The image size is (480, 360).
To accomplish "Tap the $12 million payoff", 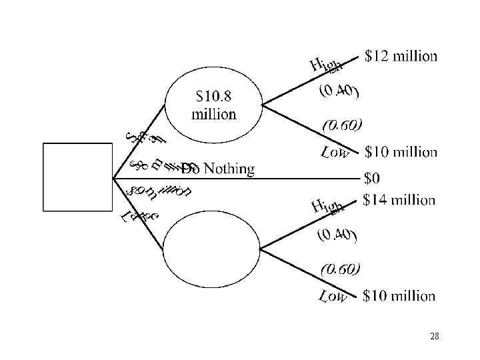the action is point(401,56).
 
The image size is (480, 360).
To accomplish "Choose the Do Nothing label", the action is point(217,169).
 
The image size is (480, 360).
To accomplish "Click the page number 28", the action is point(435,337).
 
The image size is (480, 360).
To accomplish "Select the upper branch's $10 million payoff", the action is point(401,151).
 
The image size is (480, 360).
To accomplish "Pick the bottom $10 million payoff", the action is point(400,295).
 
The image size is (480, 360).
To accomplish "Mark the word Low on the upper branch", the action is point(335,153).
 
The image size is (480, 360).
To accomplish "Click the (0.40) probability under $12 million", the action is point(339,91).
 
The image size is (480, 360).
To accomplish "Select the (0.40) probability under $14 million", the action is point(337,235).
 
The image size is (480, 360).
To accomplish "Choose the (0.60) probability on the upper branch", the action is point(343,125).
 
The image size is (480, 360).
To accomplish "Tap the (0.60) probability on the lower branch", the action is point(341,269).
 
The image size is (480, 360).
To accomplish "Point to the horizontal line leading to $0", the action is point(300,178).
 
